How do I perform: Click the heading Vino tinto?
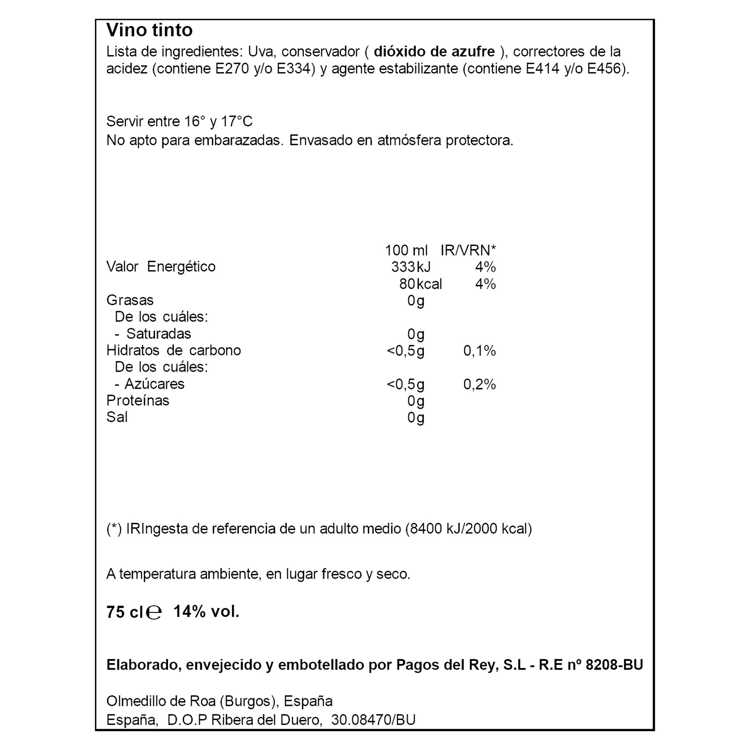pos(149,30)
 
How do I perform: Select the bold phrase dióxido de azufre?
pos(434,52)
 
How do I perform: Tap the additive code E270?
pos(231,69)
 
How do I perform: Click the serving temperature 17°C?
pos(237,122)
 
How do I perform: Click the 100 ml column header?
pos(406,250)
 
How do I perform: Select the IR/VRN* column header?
pos(468,250)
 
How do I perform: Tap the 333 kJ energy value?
pos(411,267)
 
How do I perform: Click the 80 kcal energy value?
pos(420,284)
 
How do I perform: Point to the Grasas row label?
pos(130,300)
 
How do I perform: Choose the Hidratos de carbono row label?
pos(173,350)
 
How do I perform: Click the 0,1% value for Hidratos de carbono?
pos(479,351)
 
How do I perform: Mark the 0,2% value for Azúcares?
pos(479,384)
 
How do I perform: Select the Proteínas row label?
pos(138,401)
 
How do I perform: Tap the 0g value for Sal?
pos(415,417)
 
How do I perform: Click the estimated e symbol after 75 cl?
pos(154,612)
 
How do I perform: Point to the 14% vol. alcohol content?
pos(206,612)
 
